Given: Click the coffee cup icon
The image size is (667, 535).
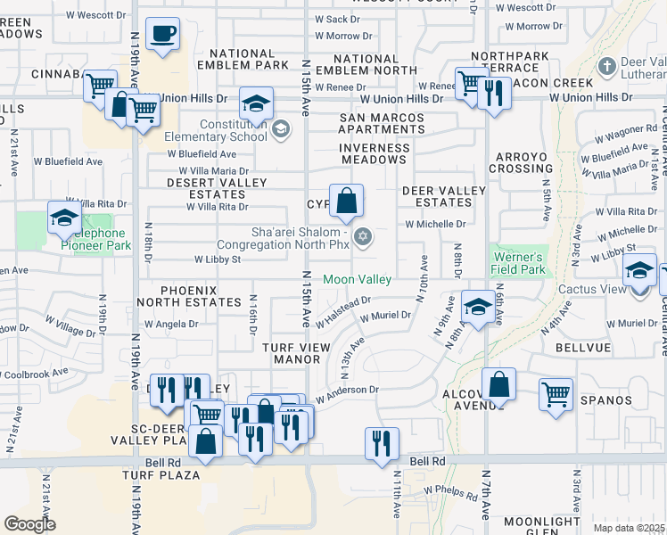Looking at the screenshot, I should click(162, 35).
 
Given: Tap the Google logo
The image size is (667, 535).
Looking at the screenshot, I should click(29, 524).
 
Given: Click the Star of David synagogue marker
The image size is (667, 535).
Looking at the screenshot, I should click(362, 236).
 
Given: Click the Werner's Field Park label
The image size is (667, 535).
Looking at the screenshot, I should click(518, 263).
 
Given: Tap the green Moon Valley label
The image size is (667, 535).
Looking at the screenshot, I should click(357, 279).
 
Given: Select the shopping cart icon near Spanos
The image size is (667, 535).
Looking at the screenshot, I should click(556, 393).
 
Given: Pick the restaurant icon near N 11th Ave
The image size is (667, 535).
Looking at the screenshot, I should click(382, 443).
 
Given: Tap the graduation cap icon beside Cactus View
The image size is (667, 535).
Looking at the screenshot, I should click(639, 270).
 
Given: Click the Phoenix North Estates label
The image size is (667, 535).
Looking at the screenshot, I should click(201, 297).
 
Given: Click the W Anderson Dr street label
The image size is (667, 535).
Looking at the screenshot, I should click(347, 389).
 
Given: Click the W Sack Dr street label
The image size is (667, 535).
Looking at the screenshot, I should click(336, 19).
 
